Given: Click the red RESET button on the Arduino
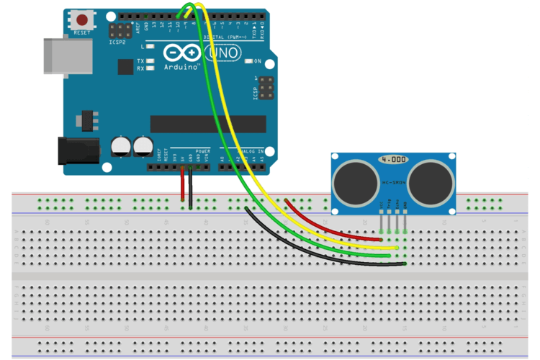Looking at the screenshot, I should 84,20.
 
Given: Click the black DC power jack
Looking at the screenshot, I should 78,150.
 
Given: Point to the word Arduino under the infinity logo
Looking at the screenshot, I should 181,66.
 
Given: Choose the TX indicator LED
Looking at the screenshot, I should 150,61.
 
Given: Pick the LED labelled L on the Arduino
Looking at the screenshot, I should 150,47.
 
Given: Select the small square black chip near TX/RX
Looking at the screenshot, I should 126,66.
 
